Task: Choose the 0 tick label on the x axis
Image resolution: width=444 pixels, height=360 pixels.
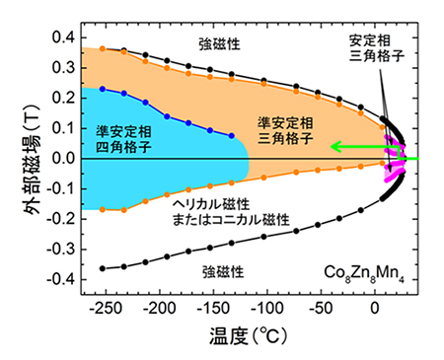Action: pos(375,308)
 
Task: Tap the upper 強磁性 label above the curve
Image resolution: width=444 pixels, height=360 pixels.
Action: pos(221,45)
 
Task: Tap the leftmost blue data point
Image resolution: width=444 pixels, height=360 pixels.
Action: pos(103,89)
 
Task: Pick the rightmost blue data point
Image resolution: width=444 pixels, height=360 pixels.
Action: pos(231,136)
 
